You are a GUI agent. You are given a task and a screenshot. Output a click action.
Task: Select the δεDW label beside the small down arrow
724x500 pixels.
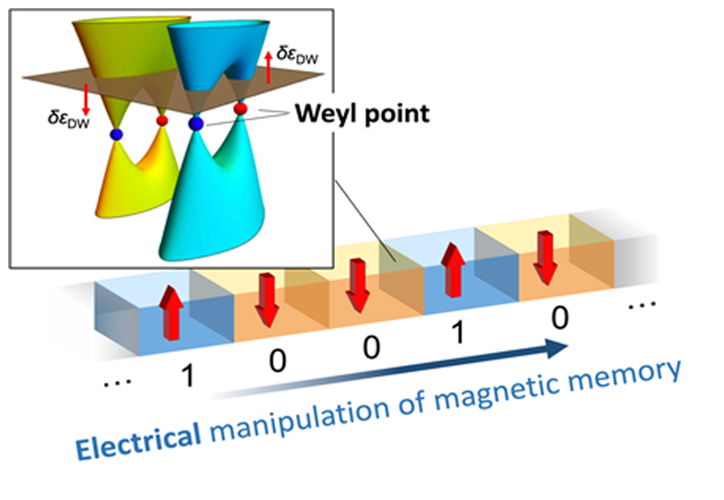point(67,117)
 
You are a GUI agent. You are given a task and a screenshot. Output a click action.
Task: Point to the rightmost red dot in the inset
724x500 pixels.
point(241,109)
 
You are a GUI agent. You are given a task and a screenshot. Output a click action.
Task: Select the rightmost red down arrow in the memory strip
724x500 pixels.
point(544,260)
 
